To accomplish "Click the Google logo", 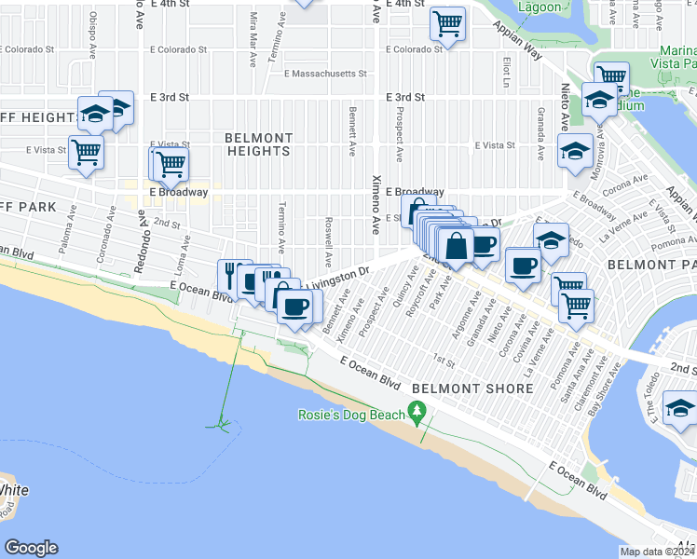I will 31,548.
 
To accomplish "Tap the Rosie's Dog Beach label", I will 351,415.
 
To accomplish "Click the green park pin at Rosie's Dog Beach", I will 417,412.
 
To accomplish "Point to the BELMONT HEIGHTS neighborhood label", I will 258,143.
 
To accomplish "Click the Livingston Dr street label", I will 339,275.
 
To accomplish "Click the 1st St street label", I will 444,360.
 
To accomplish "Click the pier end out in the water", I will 223,425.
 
